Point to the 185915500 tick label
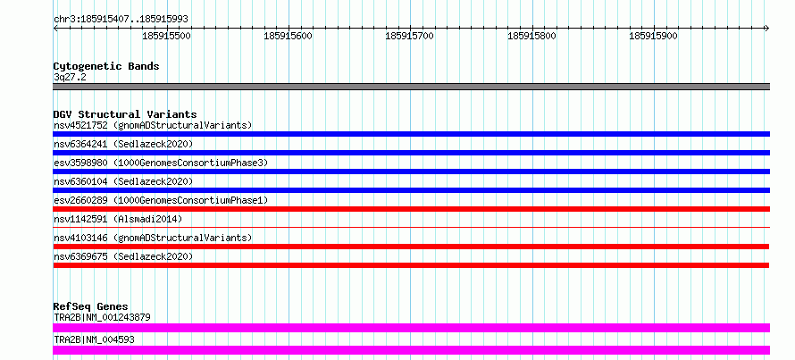[167, 37]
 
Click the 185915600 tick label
[289, 37]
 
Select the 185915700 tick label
[409, 37]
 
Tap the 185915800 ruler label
[531, 37]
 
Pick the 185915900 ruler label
[653, 37]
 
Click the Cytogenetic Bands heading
[106, 66]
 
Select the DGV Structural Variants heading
[124, 114]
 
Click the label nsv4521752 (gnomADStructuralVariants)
[153, 125]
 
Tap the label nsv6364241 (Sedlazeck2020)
[123, 144]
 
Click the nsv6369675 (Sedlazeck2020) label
[123, 256]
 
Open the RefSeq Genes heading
[90, 306]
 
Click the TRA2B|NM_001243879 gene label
[102, 317]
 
